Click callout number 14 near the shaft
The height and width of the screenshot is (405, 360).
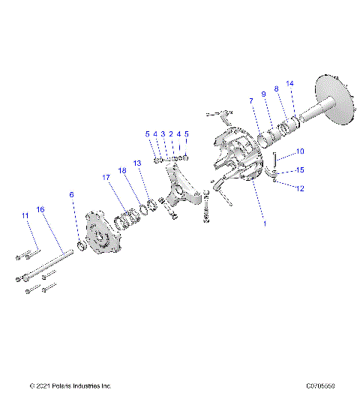[290, 83]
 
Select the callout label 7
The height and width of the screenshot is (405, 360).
[252, 100]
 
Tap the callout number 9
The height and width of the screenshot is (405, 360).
[263, 94]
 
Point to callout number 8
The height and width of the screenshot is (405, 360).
[276, 88]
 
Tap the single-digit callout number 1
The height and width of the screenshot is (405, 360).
[262, 223]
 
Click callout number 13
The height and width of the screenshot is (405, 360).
[136, 163]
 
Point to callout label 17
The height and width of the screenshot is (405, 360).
[106, 177]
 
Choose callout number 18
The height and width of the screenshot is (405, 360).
[121, 171]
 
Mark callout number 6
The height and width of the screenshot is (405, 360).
[71, 194]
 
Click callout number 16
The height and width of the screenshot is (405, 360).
[40, 209]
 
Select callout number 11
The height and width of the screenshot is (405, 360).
[25, 216]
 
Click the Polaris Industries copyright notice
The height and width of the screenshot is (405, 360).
[70, 386]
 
